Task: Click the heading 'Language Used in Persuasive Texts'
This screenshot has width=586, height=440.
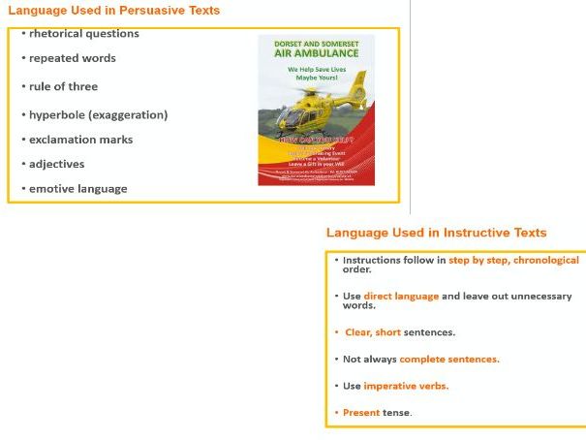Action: pos(113,11)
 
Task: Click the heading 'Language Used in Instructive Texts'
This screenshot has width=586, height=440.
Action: pos(436,233)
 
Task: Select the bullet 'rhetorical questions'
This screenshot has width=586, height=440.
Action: pos(83,34)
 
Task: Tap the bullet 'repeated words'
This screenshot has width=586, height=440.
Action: pos(72,58)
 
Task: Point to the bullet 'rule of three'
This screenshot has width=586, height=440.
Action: pos(63,87)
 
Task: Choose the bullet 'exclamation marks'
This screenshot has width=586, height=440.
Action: pos(80,140)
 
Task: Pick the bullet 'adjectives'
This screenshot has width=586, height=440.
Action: pos(56,164)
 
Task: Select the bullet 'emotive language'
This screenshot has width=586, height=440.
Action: pos(77,188)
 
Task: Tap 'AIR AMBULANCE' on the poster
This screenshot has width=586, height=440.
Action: pos(318,54)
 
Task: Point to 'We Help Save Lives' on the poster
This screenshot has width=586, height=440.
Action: pos(318,71)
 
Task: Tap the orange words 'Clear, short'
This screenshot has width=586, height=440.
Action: pos(373,332)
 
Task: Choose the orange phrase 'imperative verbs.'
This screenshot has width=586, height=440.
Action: pos(406,386)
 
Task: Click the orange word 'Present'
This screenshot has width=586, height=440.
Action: pos(360,412)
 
